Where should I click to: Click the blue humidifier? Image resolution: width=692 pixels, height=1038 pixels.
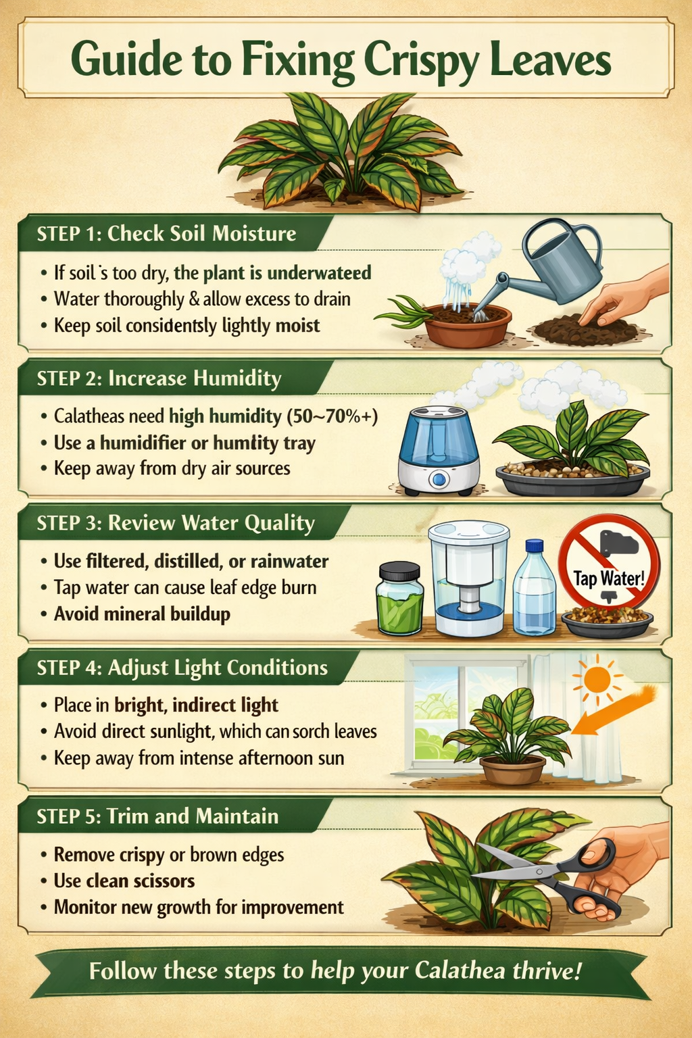(439, 449)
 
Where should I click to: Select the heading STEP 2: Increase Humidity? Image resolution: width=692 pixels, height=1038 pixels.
(159, 378)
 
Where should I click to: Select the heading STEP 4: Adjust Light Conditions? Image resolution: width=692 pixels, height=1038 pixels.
(182, 668)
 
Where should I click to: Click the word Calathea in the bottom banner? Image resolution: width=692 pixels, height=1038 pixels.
(460, 971)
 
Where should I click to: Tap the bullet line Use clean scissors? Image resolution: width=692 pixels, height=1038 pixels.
(124, 881)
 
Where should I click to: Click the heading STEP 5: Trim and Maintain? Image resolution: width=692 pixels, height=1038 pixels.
(158, 816)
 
